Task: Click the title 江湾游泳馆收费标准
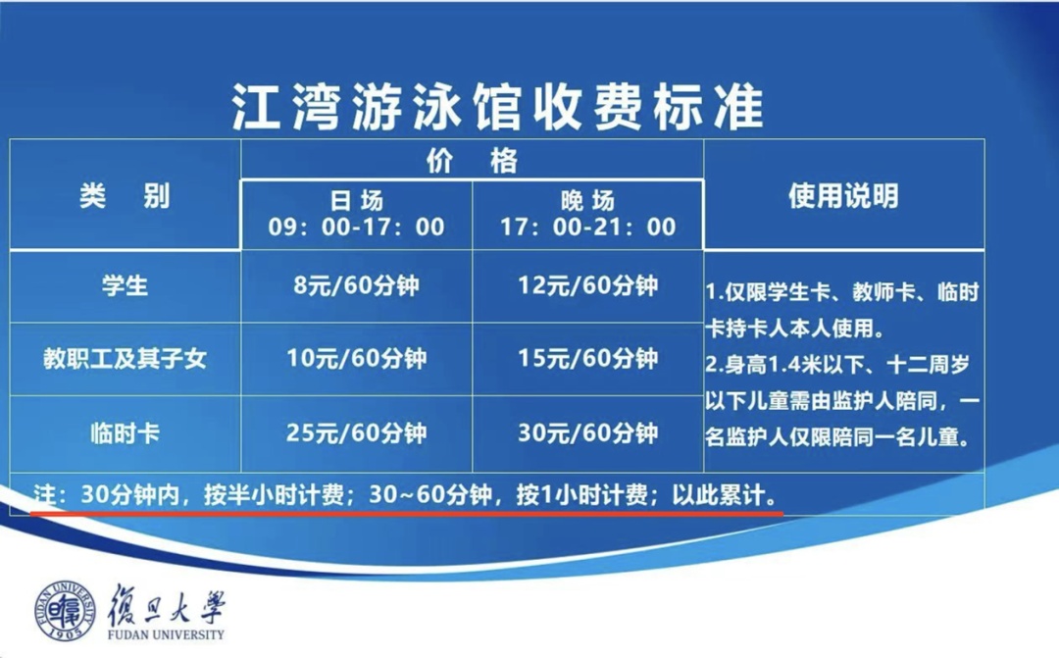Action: [498, 108]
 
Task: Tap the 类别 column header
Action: [125, 196]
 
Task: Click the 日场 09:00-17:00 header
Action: [356, 214]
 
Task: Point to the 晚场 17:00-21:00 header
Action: [587, 214]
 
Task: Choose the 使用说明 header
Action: [843, 196]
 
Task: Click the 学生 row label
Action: [125, 285]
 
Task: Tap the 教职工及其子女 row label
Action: [125, 358]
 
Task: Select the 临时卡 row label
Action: [125, 432]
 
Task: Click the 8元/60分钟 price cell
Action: [356, 285]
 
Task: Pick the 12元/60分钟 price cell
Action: [587, 285]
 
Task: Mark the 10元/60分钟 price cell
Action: [356, 358]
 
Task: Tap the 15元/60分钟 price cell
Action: [587, 358]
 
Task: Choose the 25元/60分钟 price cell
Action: [356, 432]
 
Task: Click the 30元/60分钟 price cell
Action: [587, 432]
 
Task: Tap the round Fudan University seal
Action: [65, 610]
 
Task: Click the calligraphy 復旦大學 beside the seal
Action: [166, 605]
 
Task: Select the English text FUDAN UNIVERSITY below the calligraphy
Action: [166, 635]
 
